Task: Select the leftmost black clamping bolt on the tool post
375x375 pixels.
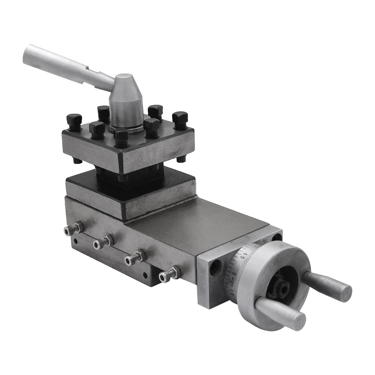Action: [74, 120]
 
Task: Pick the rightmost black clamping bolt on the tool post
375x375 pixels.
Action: [180, 119]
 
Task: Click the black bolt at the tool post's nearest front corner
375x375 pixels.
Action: [121, 138]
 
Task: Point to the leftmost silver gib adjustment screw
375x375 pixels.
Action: [72, 229]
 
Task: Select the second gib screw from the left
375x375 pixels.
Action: [102, 242]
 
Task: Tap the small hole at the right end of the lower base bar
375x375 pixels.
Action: [145, 276]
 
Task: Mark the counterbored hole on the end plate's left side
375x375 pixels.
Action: [215, 266]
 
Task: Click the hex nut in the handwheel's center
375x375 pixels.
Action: [282, 289]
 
